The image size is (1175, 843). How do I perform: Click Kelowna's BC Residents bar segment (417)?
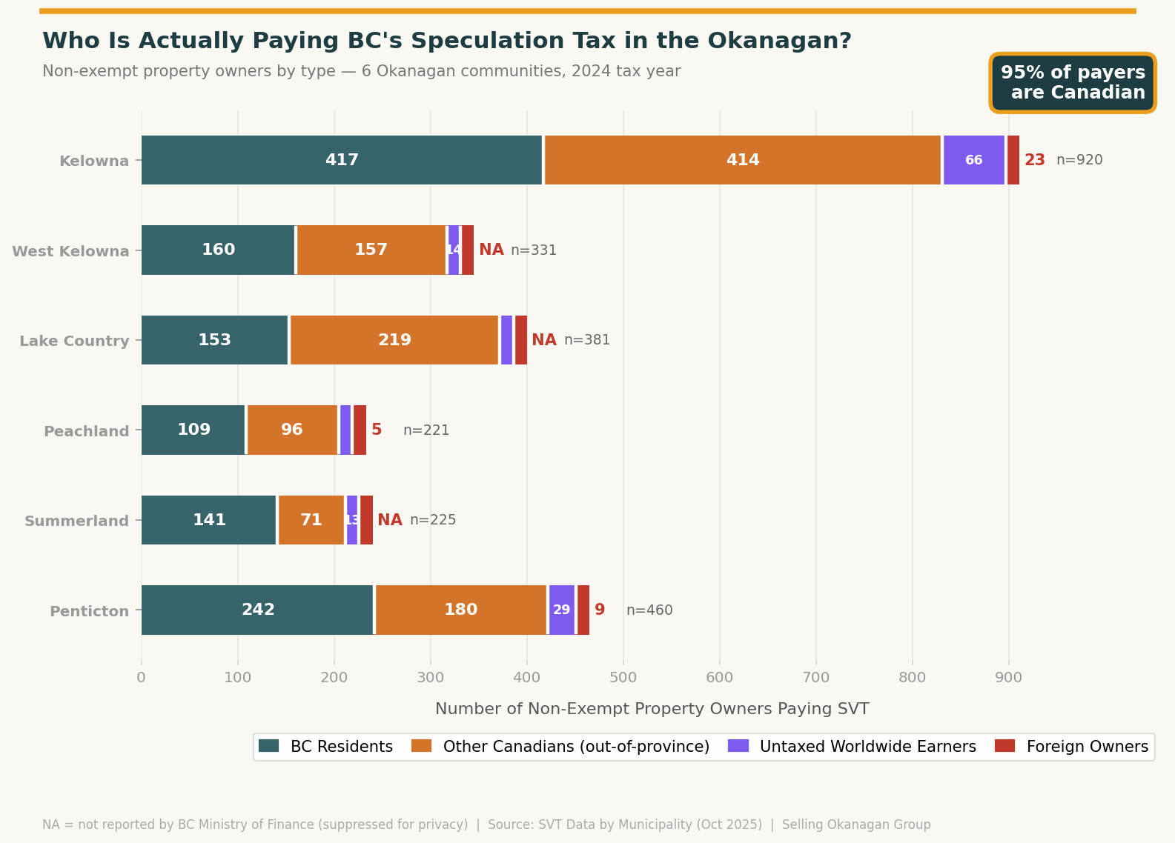pyautogui.click(x=342, y=160)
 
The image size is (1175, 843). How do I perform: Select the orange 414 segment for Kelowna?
pyautogui.click(x=743, y=160)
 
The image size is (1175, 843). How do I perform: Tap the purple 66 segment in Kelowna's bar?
pyautogui.click(x=973, y=160)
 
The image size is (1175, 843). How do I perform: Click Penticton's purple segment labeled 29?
pyautogui.click(x=562, y=610)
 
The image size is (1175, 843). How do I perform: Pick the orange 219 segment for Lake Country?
pyautogui.click(x=394, y=340)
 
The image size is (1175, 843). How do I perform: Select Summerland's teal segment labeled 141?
pyautogui.click(x=209, y=520)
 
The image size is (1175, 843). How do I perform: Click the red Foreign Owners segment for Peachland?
pyautogui.click(x=360, y=430)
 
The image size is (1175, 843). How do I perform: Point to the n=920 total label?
pyautogui.click(x=1079, y=160)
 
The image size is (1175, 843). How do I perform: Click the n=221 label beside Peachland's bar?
pyautogui.click(x=426, y=430)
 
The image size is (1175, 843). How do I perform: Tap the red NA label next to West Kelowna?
pyautogui.click(x=491, y=250)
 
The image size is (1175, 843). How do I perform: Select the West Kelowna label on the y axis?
pyautogui.click(x=70, y=251)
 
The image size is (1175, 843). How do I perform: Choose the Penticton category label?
pyautogui.click(x=89, y=611)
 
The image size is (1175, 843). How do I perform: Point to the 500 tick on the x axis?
pyautogui.click(x=623, y=677)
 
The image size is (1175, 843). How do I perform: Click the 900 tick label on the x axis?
pyautogui.click(x=1009, y=677)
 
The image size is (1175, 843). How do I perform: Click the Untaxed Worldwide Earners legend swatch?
pyautogui.click(x=738, y=746)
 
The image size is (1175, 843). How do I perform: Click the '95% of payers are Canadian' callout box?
pyautogui.click(x=1073, y=83)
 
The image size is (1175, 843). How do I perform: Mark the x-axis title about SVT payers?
pyautogui.click(x=652, y=709)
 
